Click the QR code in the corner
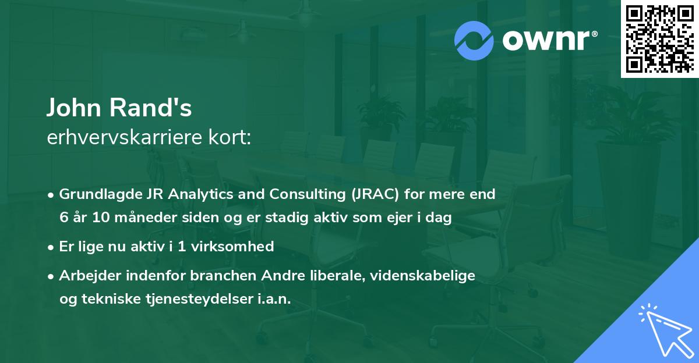tap(660, 39)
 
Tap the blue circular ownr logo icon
tap(474, 41)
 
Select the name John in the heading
tap(74, 108)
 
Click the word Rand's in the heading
tap(150, 108)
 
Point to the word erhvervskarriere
tap(125, 137)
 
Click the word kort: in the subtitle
tap(230, 137)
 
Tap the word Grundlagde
tap(101, 194)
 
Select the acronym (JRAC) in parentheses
tap(375, 194)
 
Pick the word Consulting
tap(308, 194)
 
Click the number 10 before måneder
tap(101, 217)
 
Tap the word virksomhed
tap(232, 246)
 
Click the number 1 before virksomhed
tap(182, 247)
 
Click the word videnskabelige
tap(422, 276)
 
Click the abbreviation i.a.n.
tap(274, 299)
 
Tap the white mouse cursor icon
tap(667, 331)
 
